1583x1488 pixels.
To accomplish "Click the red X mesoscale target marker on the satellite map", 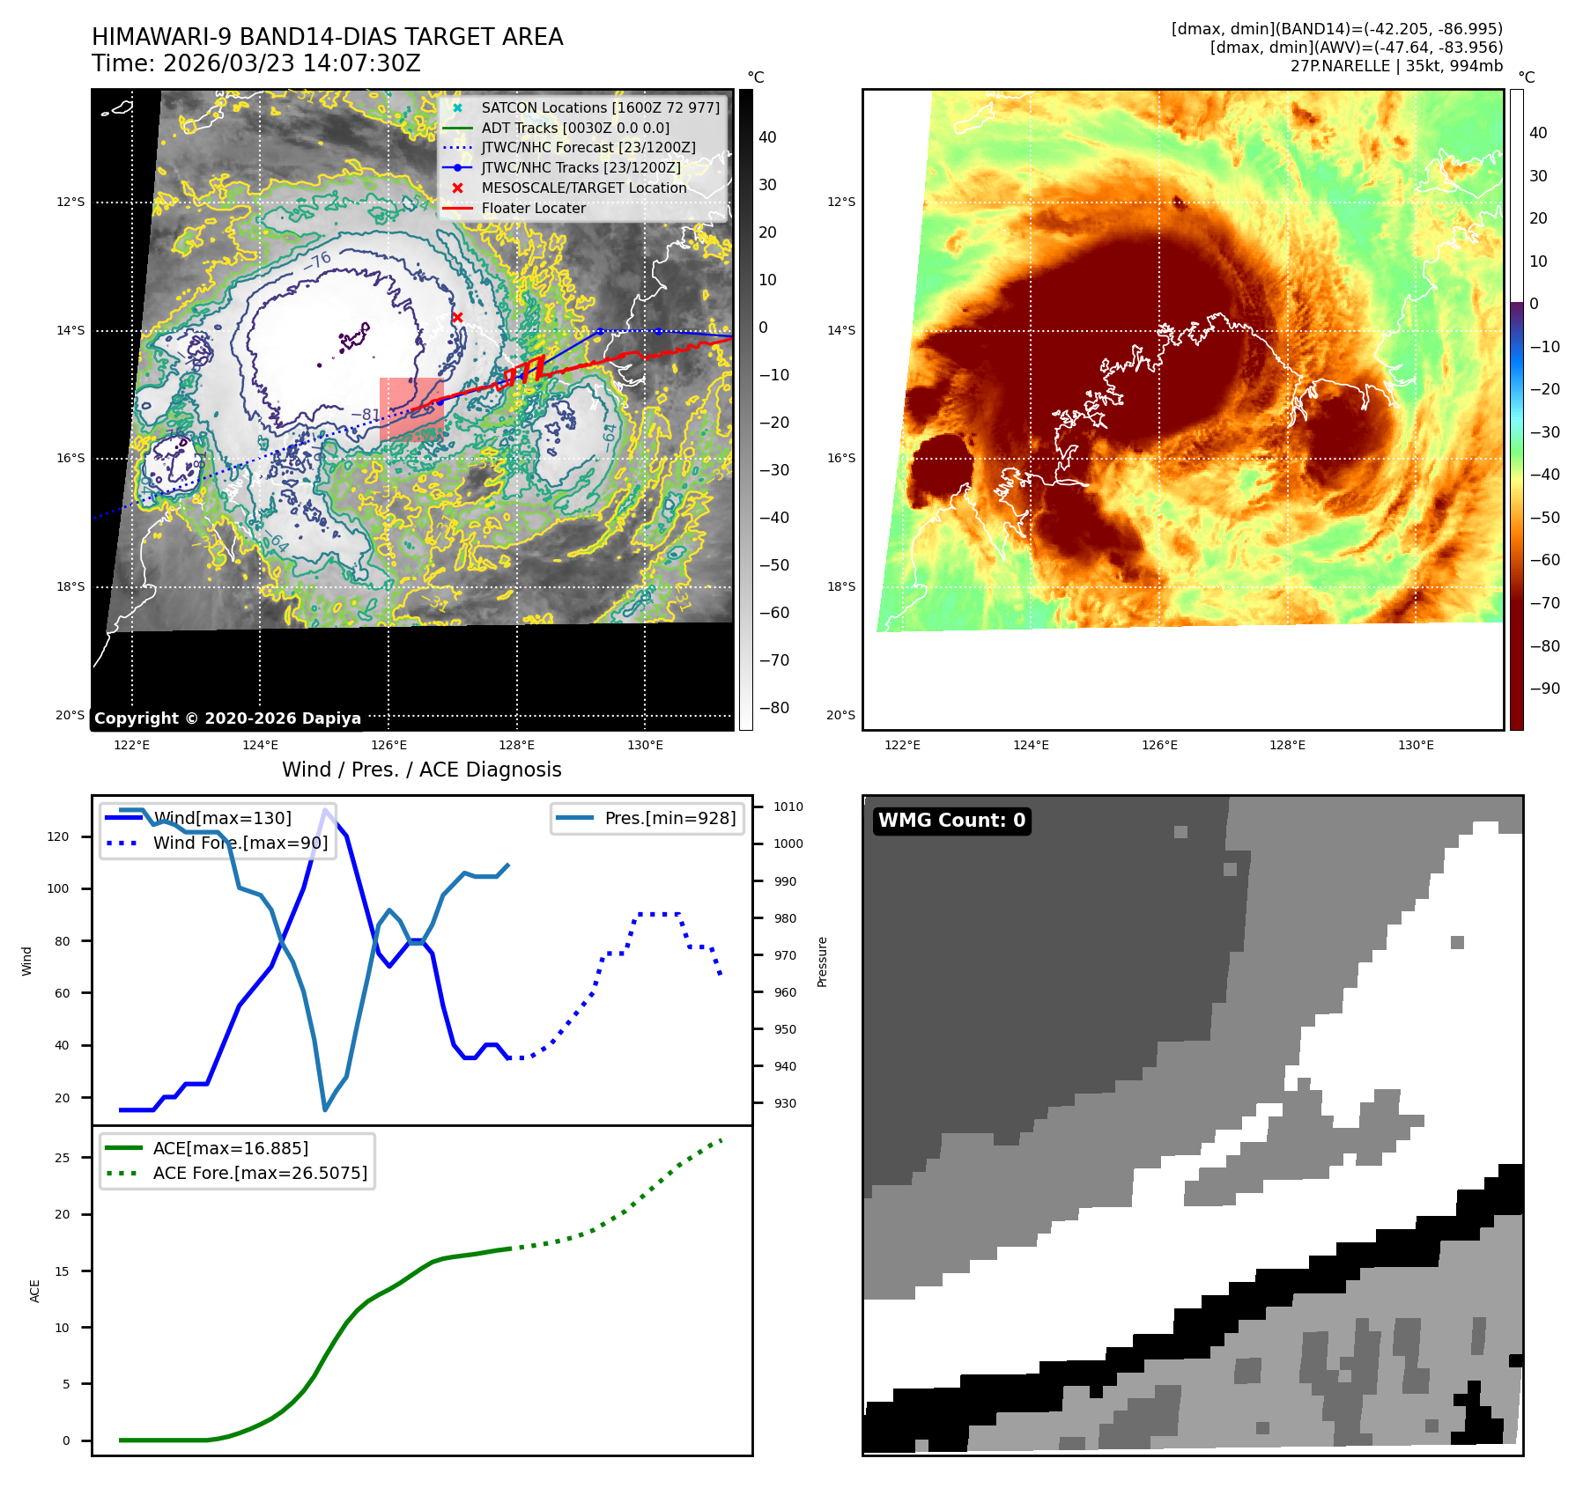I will click(x=457, y=317).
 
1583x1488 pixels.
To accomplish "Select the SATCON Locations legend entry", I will click(x=599, y=107).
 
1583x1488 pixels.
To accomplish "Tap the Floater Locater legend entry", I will click(x=533, y=208).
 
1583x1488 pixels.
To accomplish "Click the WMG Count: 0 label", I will click(x=951, y=821).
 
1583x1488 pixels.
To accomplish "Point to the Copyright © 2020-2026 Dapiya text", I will click(x=227, y=718).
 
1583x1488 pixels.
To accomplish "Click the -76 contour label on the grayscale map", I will click(x=318, y=261).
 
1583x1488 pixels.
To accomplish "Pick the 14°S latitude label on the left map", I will click(x=70, y=331).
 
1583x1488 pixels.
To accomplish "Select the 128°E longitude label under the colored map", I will click(x=1287, y=746).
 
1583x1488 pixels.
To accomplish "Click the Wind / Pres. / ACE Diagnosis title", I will click(x=421, y=770).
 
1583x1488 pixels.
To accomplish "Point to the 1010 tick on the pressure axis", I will click(x=788, y=807).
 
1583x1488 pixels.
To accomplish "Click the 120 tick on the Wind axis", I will click(x=58, y=836).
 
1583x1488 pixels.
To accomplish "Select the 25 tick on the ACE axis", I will click(x=62, y=1158).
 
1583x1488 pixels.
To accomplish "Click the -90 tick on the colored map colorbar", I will click(x=1544, y=689).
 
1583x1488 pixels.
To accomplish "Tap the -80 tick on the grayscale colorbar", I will click(x=774, y=708).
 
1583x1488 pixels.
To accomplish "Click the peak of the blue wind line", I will click(x=326, y=810).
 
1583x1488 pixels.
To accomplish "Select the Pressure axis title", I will click(x=822, y=961).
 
